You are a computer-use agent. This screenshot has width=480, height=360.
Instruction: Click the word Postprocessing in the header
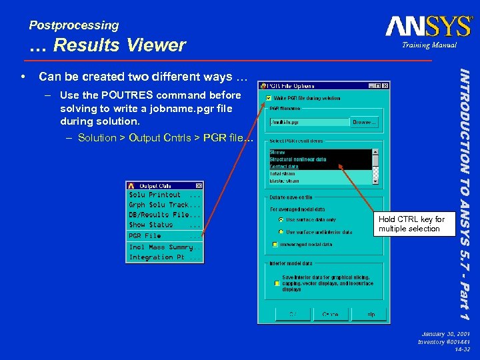pos(74,25)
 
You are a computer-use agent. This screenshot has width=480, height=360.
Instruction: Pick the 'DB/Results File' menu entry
pos(164,215)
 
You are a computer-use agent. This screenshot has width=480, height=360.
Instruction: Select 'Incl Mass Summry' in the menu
pos(164,247)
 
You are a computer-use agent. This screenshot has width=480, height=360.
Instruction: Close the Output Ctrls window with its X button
pos(199,185)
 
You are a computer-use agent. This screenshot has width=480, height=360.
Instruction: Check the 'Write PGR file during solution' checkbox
pos(269,98)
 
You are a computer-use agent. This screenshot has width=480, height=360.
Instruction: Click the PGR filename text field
pos(309,122)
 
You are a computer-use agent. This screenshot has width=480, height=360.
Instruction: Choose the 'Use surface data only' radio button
pos(281,219)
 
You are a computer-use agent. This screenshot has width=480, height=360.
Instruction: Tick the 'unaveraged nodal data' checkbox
pos(275,244)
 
